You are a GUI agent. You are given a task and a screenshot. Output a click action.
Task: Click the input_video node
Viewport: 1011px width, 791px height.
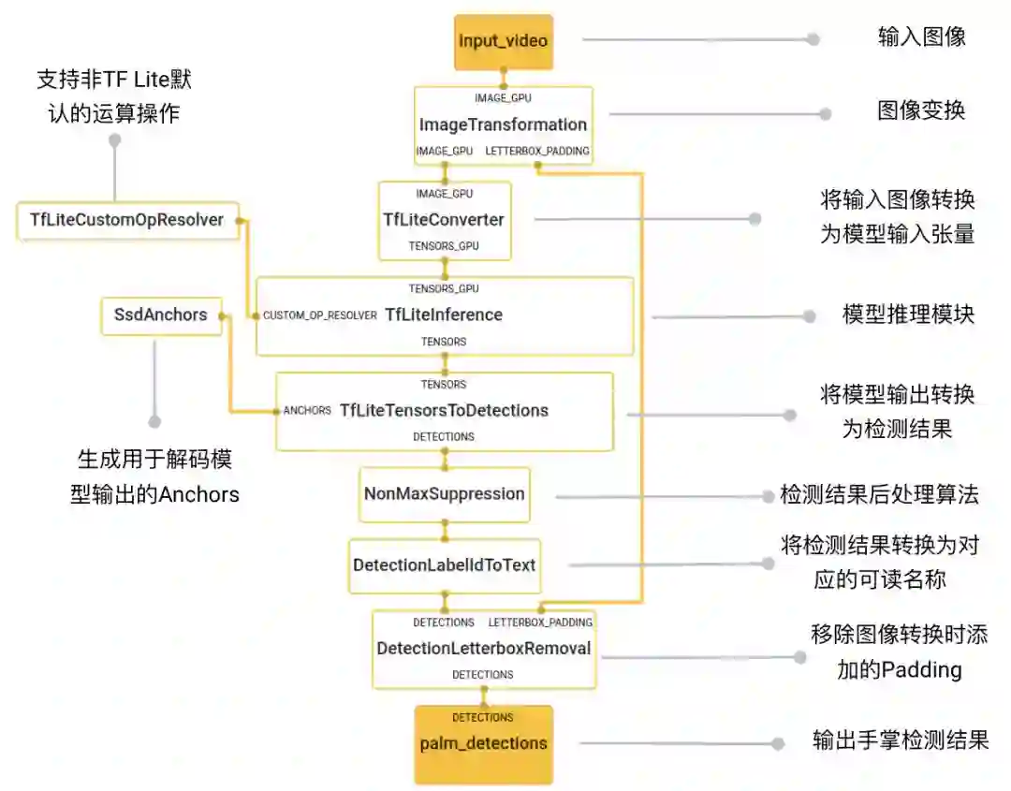[x=504, y=41]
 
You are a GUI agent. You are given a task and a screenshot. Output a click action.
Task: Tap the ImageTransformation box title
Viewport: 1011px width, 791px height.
[x=503, y=125]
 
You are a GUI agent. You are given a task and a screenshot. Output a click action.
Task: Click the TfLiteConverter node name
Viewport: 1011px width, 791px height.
[x=444, y=220]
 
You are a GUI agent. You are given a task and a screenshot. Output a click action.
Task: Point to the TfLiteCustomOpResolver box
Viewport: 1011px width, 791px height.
[x=127, y=220]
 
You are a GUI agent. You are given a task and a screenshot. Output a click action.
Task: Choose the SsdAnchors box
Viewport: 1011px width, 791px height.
[x=160, y=315]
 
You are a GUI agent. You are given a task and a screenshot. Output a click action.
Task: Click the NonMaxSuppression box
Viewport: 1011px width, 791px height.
[x=445, y=494]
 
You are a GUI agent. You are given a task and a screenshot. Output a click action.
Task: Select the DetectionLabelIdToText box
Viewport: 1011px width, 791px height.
[x=444, y=565]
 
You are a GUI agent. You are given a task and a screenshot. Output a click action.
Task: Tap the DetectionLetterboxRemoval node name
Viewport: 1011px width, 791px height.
[x=483, y=648]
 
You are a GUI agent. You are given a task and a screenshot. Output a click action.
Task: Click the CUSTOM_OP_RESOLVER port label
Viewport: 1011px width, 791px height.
[x=319, y=315]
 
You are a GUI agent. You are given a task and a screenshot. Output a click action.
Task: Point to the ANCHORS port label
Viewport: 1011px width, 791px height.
[x=307, y=411]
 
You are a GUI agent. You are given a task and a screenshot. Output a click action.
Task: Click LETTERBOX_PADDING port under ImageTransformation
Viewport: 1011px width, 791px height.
[x=537, y=151]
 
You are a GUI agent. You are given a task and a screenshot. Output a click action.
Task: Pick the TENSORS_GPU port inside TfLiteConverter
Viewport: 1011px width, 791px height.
[x=444, y=246]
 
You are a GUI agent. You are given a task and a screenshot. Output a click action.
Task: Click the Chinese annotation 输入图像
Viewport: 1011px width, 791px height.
[x=921, y=37]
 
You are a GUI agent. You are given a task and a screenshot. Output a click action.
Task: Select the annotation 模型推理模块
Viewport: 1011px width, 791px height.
[x=908, y=315]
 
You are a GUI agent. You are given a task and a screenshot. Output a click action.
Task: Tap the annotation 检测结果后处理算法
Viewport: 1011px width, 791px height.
[x=879, y=494]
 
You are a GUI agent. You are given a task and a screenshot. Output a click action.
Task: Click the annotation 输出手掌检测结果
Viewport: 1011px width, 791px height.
[x=900, y=741]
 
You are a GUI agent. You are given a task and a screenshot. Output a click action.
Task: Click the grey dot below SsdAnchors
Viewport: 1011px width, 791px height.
[x=154, y=422]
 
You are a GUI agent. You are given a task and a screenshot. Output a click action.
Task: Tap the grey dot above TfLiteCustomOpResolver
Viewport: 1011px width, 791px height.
[x=115, y=140]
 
